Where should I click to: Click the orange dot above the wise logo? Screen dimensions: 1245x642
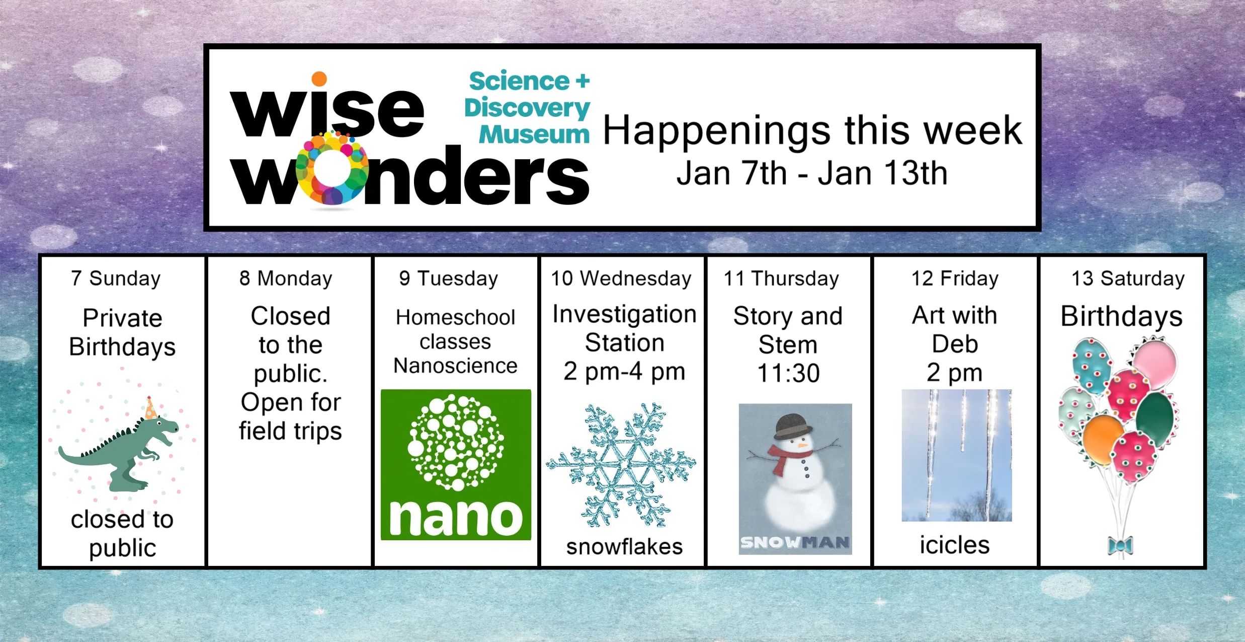click(319, 79)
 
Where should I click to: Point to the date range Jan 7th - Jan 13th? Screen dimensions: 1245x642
click(811, 173)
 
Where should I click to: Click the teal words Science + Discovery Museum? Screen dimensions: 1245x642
click(527, 107)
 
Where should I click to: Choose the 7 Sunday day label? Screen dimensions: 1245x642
click(116, 278)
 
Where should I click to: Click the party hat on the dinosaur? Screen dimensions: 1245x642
click(150, 408)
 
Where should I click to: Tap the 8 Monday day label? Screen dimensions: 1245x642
click(286, 278)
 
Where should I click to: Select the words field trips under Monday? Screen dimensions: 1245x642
click(290, 431)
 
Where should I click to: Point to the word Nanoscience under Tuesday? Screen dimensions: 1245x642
click(455, 366)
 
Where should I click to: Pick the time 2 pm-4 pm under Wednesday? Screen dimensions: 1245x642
click(624, 372)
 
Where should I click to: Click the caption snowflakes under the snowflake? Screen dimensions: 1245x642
click(624, 547)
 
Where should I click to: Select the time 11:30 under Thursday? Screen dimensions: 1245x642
click(788, 373)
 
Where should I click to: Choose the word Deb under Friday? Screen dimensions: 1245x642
click(955, 344)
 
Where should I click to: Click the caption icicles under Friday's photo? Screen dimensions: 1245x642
click(955, 545)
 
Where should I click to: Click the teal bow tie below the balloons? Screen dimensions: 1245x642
click(1120, 545)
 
